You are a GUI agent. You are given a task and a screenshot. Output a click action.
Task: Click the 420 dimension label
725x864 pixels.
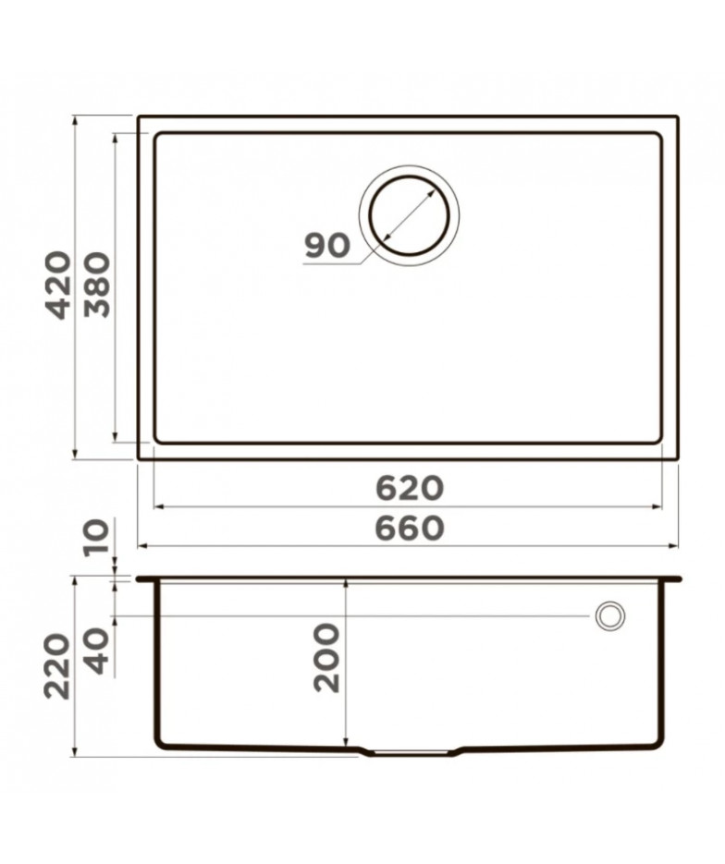point(58,285)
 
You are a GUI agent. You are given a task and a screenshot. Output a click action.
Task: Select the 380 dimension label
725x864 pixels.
point(97,285)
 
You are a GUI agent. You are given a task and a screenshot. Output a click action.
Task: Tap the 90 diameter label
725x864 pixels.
point(327,246)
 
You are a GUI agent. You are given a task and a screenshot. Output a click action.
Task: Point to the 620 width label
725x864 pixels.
point(409,488)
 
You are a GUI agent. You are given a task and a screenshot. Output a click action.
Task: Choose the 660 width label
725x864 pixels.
point(409,529)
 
